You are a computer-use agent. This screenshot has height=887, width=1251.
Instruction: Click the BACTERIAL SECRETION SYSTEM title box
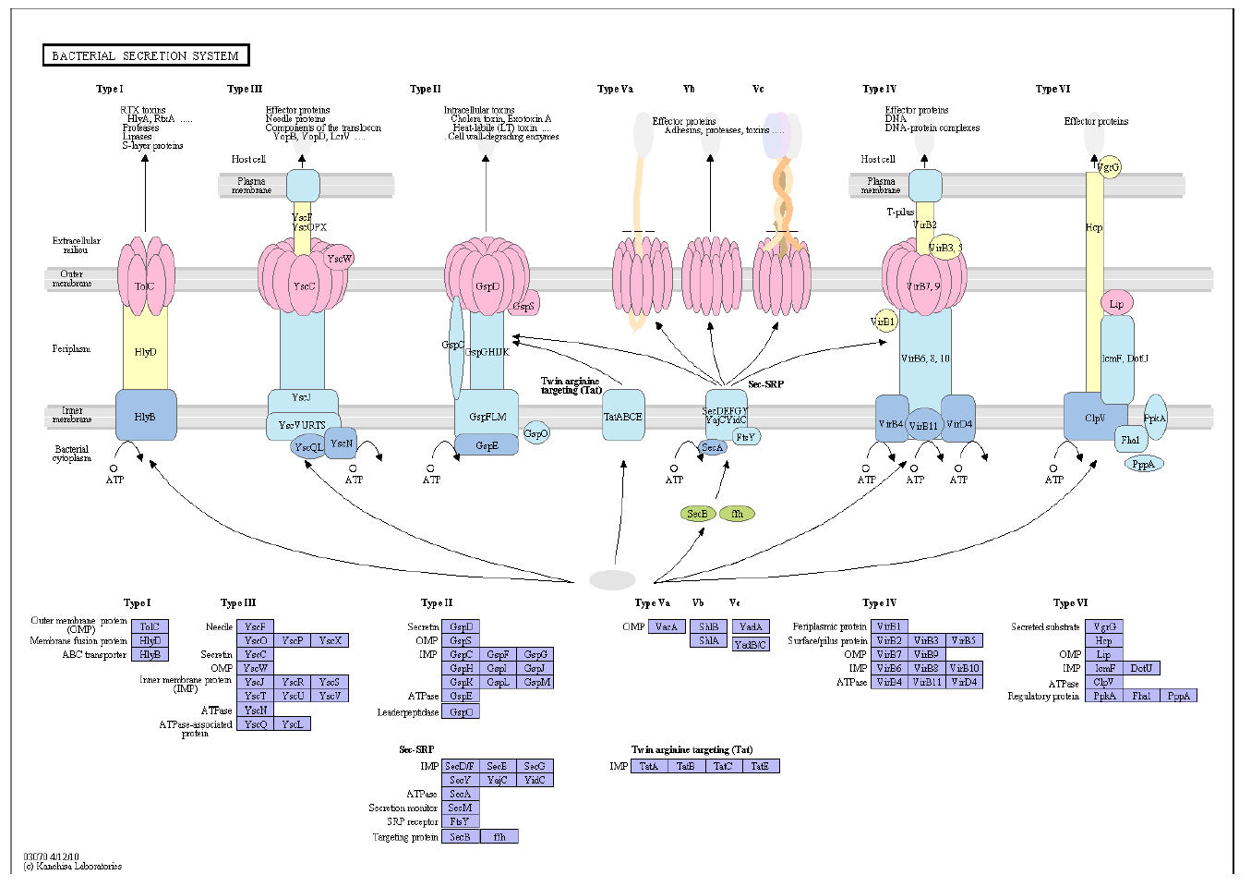point(146,56)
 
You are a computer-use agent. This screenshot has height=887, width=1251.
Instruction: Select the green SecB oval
point(697,514)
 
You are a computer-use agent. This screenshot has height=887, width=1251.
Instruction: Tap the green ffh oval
point(737,514)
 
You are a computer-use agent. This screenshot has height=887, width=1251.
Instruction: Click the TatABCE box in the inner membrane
point(623,416)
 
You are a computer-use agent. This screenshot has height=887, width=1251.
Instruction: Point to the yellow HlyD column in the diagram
point(145,351)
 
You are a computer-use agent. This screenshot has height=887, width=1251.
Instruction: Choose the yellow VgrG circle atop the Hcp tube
point(1109,167)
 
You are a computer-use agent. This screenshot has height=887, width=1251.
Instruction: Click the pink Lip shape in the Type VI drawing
point(1116,304)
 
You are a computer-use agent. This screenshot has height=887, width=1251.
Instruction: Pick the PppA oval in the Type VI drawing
point(1143,464)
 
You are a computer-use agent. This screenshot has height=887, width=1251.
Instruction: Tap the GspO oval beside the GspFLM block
point(535,432)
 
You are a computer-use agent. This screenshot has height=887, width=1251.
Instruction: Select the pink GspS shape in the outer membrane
point(524,305)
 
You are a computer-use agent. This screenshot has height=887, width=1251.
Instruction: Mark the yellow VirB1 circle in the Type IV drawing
point(884,322)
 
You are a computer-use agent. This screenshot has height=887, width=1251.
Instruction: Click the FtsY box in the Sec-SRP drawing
point(746,437)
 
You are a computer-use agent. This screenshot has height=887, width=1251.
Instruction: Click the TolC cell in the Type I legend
point(150,626)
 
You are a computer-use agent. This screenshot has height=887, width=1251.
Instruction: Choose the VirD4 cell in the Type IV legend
point(964,682)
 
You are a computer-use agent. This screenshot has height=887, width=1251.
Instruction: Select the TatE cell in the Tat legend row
point(760,766)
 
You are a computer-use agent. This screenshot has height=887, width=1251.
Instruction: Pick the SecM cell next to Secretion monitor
point(460,808)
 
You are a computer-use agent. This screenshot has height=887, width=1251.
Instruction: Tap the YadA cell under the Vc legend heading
point(751,626)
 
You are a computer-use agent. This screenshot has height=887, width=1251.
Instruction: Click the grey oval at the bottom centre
point(612,579)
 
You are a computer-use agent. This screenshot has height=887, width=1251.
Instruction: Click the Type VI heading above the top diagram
point(1053,89)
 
